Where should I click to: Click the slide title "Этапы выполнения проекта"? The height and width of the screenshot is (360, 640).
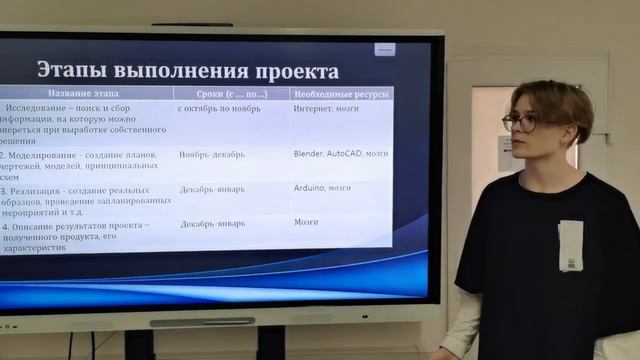click(188, 71)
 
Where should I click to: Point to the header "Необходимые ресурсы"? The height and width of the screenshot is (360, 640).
click(339, 94)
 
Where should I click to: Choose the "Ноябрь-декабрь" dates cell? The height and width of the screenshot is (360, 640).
click(212, 155)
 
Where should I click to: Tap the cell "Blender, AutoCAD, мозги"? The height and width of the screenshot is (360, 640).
click(341, 154)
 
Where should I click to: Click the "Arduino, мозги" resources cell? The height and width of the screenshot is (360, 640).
click(322, 187)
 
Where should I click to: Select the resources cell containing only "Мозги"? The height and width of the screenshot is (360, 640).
click(306, 223)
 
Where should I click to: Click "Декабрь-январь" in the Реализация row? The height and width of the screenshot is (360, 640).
click(212, 188)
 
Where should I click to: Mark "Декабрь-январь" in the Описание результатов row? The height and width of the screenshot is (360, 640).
click(212, 224)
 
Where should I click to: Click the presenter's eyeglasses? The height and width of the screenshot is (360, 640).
click(521, 123)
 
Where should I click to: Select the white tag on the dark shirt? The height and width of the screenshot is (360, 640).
click(570, 246)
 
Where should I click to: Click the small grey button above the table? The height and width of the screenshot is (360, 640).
click(385, 49)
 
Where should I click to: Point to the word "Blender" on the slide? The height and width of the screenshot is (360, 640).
click(308, 154)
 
